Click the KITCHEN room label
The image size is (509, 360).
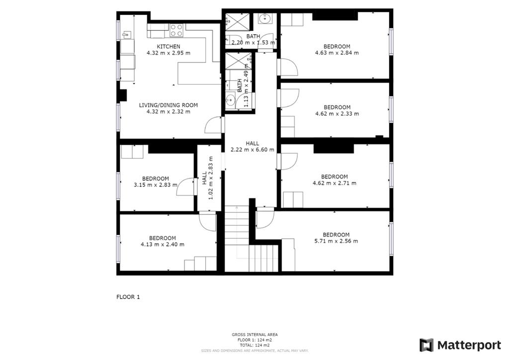pos(169,46)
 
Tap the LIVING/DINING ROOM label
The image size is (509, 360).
pos(169,105)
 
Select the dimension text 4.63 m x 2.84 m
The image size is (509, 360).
pos(337,53)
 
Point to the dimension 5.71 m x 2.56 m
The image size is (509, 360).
pos(336,241)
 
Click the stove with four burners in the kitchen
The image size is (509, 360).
pos(177,30)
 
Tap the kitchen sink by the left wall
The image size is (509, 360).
pos(126,34)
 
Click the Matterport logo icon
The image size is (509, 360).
pos(426,345)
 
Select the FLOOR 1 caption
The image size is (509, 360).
pos(128,297)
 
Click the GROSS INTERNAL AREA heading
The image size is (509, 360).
pos(255,335)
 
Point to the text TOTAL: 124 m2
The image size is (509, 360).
pos(255,345)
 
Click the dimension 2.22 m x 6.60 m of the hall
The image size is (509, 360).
pos(252,150)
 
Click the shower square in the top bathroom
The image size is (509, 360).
pos(238,22)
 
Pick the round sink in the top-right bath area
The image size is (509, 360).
pos(266,18)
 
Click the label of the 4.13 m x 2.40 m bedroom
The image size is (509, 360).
pos(163,238)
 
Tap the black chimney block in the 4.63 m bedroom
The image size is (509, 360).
pos(335,16)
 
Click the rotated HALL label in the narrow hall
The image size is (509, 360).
pos(204,178)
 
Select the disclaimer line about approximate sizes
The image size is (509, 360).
pos(255,351)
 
